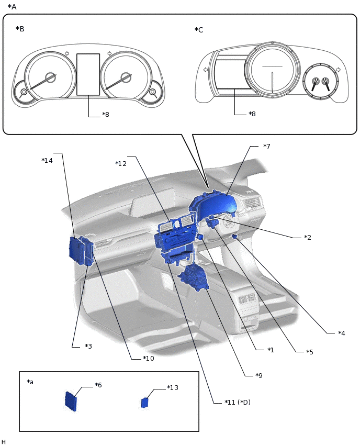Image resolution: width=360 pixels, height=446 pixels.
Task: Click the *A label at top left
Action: click(x=12, y=7)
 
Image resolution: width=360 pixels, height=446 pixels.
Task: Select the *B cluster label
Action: click(x=20, y=29)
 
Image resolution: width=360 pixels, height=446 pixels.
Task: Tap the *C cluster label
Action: click(x=199, y=30)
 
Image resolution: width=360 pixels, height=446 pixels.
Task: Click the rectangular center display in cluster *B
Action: click(x=88, y=74)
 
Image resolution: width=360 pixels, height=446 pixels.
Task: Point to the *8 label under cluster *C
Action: click(x=252, y=114)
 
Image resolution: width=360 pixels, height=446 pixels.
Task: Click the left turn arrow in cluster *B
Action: click(x=66, y=53)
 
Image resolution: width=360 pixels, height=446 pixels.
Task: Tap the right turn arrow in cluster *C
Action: click(x=338, y=70)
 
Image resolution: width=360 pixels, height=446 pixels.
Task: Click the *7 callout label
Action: click(x=266, y=146)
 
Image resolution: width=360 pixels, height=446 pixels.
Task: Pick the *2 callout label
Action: click(x=308, y=237)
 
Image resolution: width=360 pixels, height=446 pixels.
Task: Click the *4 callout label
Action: click(x=341, y=333)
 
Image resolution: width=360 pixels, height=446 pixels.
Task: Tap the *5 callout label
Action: click(x=310, y=352)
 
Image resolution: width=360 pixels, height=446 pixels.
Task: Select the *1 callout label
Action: click(x=271, y=350)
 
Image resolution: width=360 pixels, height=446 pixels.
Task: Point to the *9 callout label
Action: click(x=258, y=375)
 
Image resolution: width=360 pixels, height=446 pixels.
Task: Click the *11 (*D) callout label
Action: click(x=237, y=402)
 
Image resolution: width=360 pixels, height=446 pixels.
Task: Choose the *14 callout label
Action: click(x=47, y=161)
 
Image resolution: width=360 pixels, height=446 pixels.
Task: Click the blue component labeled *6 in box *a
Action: click(x=70, y=401)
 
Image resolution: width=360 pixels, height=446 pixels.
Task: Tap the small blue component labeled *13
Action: click(x=145, y=403)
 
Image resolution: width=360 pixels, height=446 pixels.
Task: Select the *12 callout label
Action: click(x=121, y=164)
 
